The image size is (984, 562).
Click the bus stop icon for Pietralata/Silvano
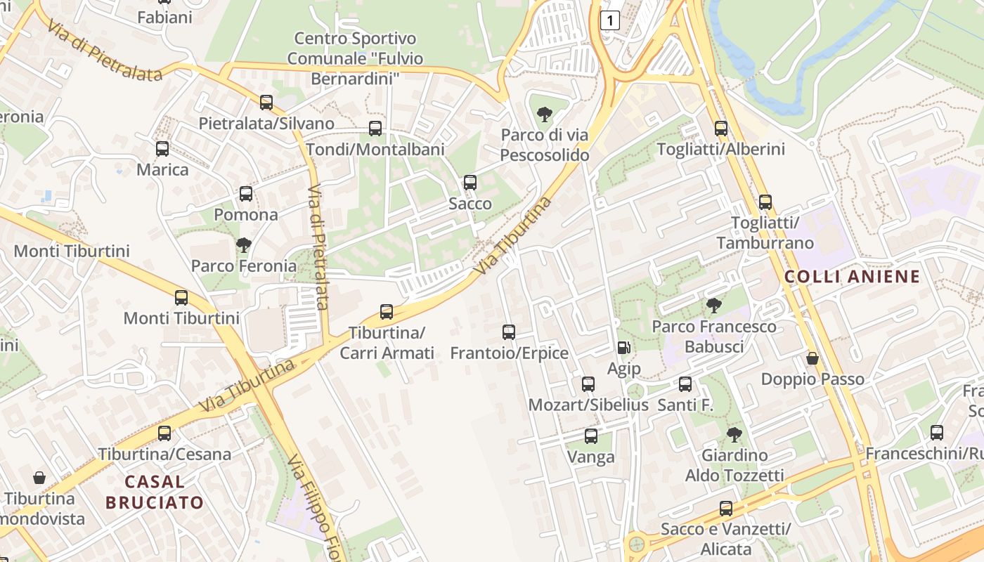tap(266, 103)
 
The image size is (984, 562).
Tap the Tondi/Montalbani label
tap(375, 149)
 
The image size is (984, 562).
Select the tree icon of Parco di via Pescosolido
tap(544, 115)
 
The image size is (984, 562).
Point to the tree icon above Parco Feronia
tap(244, 245)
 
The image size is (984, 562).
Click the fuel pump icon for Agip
tap(623, 348)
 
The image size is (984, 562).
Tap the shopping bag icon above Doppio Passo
tap(813, 359)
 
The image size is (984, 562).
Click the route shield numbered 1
tap(610, 21)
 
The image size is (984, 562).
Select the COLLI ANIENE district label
tap(852, 276)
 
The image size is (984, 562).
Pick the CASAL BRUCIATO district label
tap(155, 492)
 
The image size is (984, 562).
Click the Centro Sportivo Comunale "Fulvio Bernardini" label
tap(355, 58)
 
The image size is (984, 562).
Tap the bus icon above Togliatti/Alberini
tap(720, 129)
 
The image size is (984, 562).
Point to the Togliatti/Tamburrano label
tap(765, 233)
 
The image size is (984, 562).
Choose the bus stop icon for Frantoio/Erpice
tap(509, 332)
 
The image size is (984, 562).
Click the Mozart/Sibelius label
tap(588, 405)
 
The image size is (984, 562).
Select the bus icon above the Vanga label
tap(591, 436)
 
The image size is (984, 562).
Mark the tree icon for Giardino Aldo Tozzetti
tap(734, 435)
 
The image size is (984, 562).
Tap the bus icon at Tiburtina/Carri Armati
tap(387, 312)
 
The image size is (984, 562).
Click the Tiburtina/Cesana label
tap(164, 454)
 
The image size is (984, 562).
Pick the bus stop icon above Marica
tap(162, 149)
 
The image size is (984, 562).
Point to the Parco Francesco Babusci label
tap(714, 336)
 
